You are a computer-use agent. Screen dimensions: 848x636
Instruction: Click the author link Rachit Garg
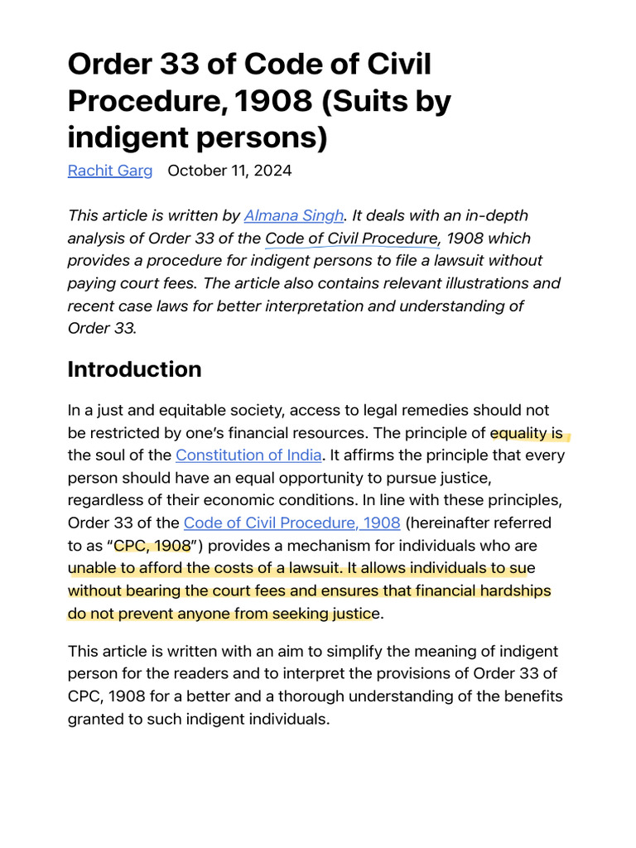pos(110,171)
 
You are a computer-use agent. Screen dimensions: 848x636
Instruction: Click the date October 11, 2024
pos(229,171)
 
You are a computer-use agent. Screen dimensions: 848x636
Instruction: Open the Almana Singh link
pos(293,215)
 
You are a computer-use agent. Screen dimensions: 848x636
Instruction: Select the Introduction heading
pos(134,369)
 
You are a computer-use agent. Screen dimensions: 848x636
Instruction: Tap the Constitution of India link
pos(248,455)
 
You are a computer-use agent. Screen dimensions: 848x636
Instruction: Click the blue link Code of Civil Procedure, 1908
pos(291,523)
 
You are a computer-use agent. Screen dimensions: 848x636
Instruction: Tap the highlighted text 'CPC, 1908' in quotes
pos(152,546)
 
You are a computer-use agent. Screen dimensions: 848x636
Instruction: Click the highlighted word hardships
pos(511,591)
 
